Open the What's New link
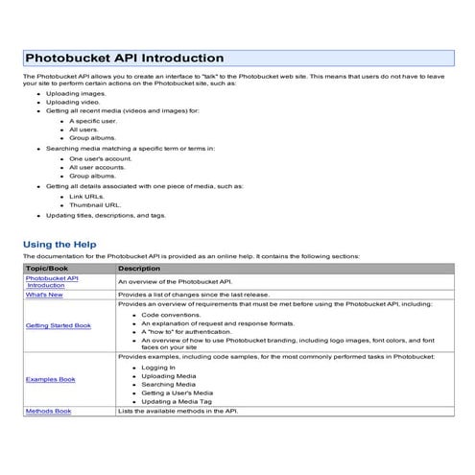pyautogui.click(x=44, y=294)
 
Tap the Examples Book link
pyautogui.click(x=51, y=379)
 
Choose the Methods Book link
pyautogui.click(x=49, y=411)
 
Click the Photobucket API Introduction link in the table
pyautogui.click(x=52, y=281)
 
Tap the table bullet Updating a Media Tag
pyautogui.click(x=178, y=400)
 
